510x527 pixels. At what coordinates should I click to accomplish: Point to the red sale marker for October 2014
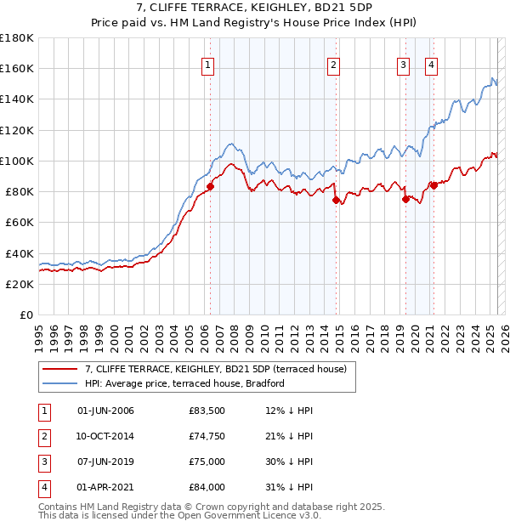[x=336, y=201]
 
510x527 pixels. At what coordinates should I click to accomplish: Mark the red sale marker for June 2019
[x=405, y=200]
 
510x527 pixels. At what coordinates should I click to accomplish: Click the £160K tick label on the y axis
[x=17, y=68]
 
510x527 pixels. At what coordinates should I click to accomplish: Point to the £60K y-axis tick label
[x=20, y=222]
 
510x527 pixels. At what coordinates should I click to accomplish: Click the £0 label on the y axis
[x=26, y=314]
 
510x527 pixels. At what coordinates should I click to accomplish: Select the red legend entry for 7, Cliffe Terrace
[x=215, y=370]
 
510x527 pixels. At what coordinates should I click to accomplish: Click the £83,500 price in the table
[x=207, y=411]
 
